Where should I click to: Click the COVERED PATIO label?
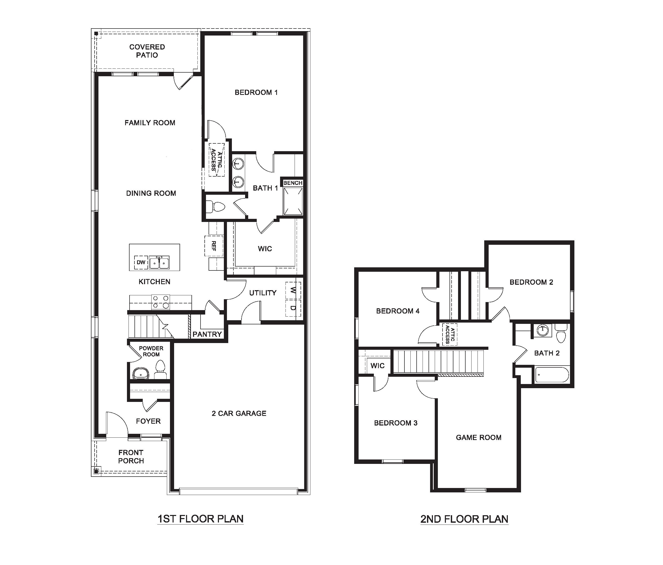coord(147,51)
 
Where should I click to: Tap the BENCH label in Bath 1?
coord(293,183)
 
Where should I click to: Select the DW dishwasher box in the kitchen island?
coord(141,262)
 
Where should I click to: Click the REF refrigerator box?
coord(214,246)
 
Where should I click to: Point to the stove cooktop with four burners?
coord(160,302)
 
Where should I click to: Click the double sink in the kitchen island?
coord(159,263)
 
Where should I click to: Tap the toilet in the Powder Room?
coord(160,370)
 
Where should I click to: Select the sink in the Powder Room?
coord(141,373)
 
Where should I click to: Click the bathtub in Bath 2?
coord(552,375)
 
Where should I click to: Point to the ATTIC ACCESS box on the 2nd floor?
coord(450,334)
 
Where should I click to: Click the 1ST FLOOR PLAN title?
coord(200,519)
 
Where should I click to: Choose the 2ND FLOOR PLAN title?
coord(464,519)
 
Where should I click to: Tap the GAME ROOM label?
coord(478,437)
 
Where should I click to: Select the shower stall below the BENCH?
coord(293,201)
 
